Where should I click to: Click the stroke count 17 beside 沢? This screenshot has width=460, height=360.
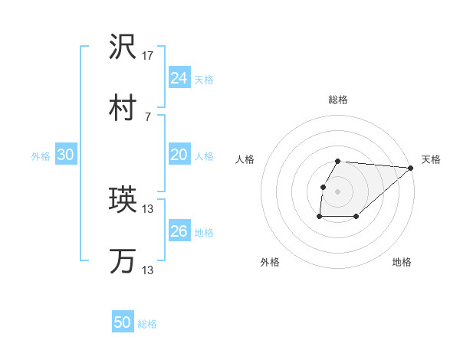[x=148, y=56]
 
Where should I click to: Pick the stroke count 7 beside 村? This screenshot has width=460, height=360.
[x=147, y=116]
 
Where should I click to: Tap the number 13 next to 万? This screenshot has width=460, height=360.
[x=148, y=270]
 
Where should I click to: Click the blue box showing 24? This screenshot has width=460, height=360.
[x=179, y=78]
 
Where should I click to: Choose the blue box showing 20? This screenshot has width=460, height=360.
[x=179, y=155]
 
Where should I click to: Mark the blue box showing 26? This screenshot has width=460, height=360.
[x=179, y=231]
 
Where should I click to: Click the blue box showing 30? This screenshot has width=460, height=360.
[x=65, y=155]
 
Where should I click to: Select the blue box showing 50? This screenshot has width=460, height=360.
[x=122, y=322]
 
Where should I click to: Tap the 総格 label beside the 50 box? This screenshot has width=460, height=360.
[x=147, y=324]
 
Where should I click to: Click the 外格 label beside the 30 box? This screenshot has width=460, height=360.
[x=41, y=156]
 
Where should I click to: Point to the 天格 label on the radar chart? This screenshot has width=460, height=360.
[x=431, y=159]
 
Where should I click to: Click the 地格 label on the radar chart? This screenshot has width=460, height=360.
[x=402, y=262]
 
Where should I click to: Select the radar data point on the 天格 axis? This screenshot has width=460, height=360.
[x=410, y=168]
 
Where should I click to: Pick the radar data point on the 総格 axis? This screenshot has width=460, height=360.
[x=338, y=161]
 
